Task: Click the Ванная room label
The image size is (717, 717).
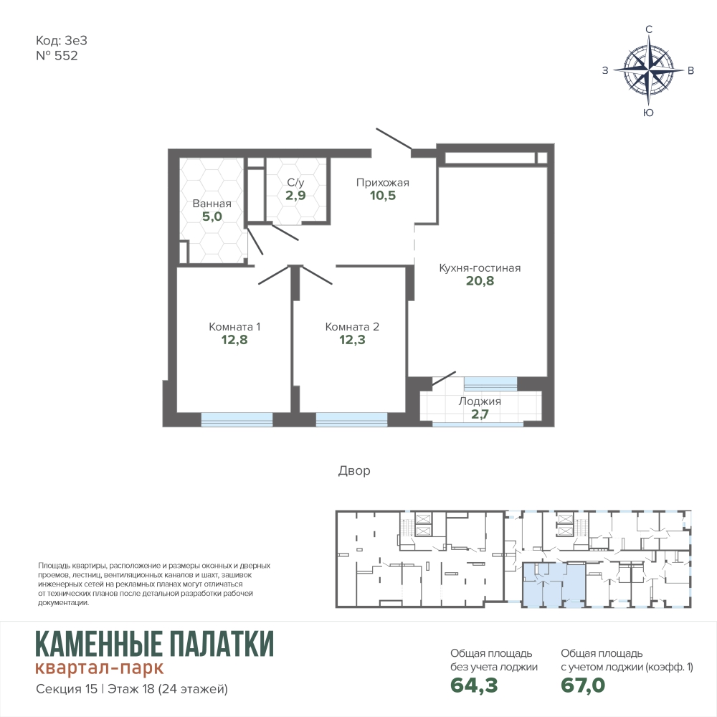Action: (212, 204)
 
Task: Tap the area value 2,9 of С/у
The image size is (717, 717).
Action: (295, 196)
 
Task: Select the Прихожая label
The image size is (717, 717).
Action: (383, 183)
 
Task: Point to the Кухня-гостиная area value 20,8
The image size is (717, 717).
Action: (480, 281)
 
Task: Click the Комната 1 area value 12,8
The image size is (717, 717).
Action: (234, 340)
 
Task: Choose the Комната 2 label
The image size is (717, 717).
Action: (352, 327)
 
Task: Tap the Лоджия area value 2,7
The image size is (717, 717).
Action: (480, 414)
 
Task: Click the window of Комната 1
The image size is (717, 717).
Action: (237, 419)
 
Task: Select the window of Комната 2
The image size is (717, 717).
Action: (351, 419)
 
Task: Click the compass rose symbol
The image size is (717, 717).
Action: (648, 70)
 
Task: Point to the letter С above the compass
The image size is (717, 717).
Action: (648, 29)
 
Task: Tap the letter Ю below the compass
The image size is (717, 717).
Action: (648, 113)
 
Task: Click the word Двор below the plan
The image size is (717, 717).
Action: (354, 470)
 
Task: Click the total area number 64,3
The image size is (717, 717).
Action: (474, 685)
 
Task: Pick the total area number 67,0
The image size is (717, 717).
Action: (583, 685)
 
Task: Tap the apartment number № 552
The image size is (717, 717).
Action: (57, 56)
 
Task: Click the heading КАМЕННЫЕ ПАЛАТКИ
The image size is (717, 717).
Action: (155, 644)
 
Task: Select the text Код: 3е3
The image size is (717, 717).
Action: (61, 41)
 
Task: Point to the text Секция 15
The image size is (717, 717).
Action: (66, 688)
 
